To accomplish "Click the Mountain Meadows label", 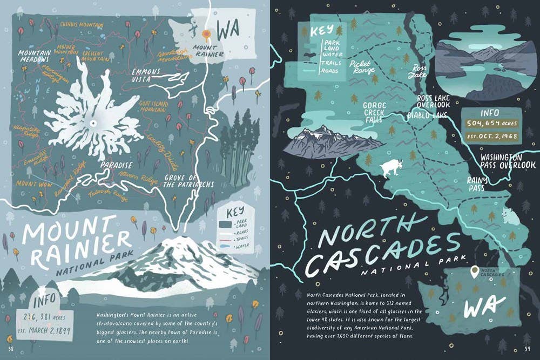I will [x=33, y=56].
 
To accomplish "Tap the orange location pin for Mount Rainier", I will [x=206, y=35].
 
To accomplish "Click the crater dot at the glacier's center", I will [x=94, y=124].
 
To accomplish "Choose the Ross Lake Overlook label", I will [x=433, y=101].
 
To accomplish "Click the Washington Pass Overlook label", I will [x=507, y=161].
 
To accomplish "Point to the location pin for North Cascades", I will [x=474, y=271].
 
